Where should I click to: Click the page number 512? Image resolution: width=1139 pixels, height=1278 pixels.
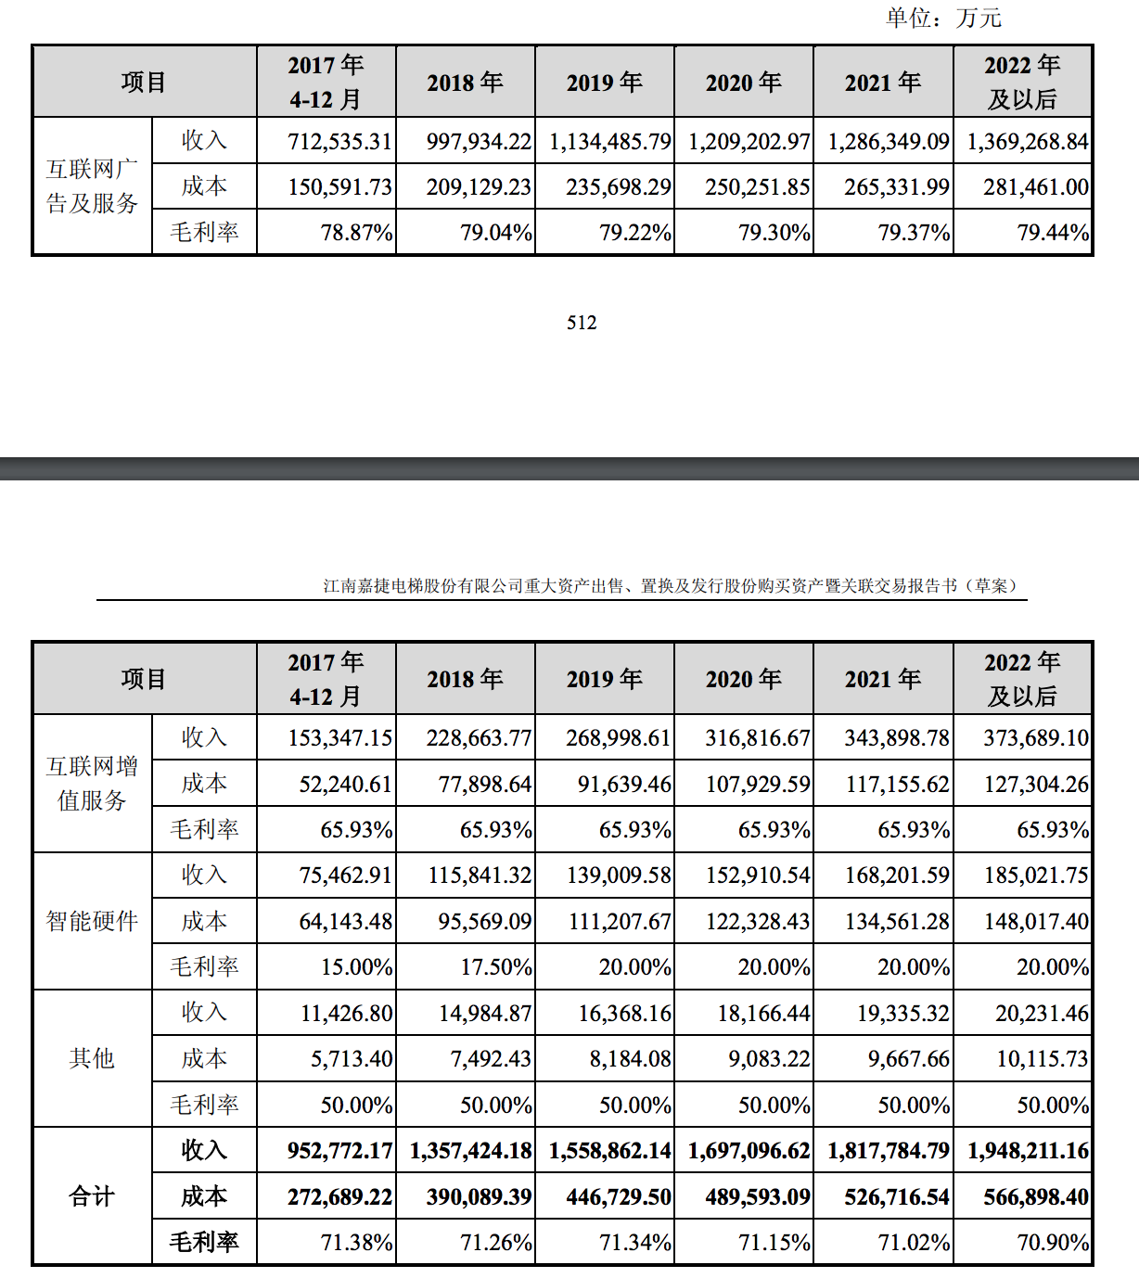[582, 323]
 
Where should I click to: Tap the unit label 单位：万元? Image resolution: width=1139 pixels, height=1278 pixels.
[943, 18]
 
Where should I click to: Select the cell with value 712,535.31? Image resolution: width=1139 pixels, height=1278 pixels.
[339, 142]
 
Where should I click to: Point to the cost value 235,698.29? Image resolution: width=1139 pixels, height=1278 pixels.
[619, 187]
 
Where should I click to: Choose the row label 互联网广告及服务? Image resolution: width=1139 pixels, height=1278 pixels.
[92, 186]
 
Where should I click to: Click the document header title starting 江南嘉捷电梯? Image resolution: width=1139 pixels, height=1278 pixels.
[670, 586]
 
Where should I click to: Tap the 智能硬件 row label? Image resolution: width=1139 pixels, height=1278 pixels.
[92, 921]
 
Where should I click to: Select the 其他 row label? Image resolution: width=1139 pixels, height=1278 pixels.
[92, 1058]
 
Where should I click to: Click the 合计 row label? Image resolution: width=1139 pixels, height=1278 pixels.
[92, 1196]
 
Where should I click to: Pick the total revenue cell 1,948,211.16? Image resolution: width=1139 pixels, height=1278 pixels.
[1028, 1151]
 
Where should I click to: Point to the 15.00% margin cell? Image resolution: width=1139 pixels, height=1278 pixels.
[356, 967]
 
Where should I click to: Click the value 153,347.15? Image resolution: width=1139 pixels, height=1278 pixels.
[339, 738]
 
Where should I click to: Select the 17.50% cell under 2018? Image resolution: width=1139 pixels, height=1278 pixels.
[496, 967]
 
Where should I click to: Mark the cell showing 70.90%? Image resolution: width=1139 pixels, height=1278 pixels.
[1053, 1243]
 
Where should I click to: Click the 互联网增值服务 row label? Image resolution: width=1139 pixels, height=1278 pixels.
[92, 784]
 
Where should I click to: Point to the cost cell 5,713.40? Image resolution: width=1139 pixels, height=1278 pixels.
[352, 1059]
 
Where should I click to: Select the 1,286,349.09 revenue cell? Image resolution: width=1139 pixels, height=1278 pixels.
[888, 142]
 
